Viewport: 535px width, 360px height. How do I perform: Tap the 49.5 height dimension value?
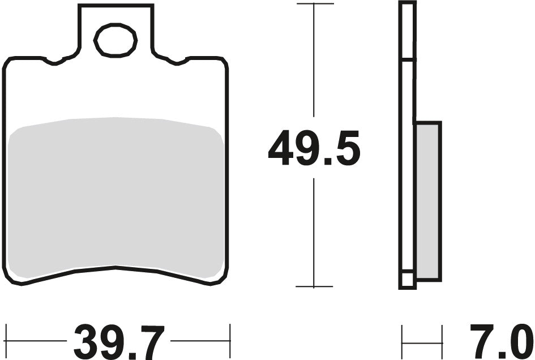(314, 149)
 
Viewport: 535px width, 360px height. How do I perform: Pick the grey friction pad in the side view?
(428, 201)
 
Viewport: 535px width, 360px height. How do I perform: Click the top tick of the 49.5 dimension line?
(314, 4)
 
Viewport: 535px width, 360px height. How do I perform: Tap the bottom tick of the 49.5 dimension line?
(314, 286)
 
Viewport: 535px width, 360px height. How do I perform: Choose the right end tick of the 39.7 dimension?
(230, 341)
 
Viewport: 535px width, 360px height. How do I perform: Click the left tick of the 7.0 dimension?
(402, 341)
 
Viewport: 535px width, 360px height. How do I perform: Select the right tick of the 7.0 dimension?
(442, 341)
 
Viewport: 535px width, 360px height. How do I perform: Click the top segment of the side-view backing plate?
(408, 31)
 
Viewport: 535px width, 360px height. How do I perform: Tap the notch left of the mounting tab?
(55, 61)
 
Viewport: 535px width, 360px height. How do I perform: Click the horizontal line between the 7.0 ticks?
(422, 341)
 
